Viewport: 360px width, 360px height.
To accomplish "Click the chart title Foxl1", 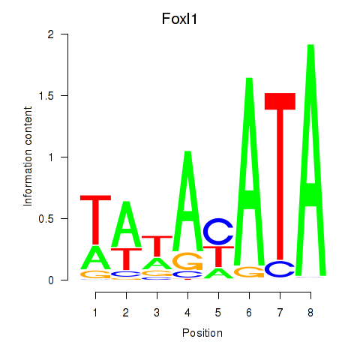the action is [x=179, y=19].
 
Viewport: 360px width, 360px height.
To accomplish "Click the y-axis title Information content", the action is [x=28, y=157].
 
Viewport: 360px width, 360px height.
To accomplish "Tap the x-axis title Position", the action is [x=202, y=333].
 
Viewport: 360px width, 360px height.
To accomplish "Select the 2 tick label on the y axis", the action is [x=51, y=34].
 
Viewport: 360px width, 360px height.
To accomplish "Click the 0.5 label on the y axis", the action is [x=46, y=219].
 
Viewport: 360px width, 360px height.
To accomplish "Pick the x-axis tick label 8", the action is [x=310, y=313].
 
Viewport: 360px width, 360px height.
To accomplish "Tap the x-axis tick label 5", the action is [x=218, y=313].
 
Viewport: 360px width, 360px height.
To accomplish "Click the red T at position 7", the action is [x=280, y=176].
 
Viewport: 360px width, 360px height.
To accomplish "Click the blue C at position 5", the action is [x=218, y=232].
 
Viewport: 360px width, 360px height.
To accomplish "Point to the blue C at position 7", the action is [x=280, y=268].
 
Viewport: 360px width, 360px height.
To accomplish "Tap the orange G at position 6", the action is [x=249, y=272].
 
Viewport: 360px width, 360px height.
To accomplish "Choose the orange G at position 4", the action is [x=187, y=261].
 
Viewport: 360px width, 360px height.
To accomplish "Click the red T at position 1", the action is [x=95, y=220].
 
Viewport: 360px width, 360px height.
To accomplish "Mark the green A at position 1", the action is [x=95, y=257].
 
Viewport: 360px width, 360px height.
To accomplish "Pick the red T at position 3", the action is [x=157, y=246].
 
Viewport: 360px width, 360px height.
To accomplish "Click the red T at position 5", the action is [x=218, y=256].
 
